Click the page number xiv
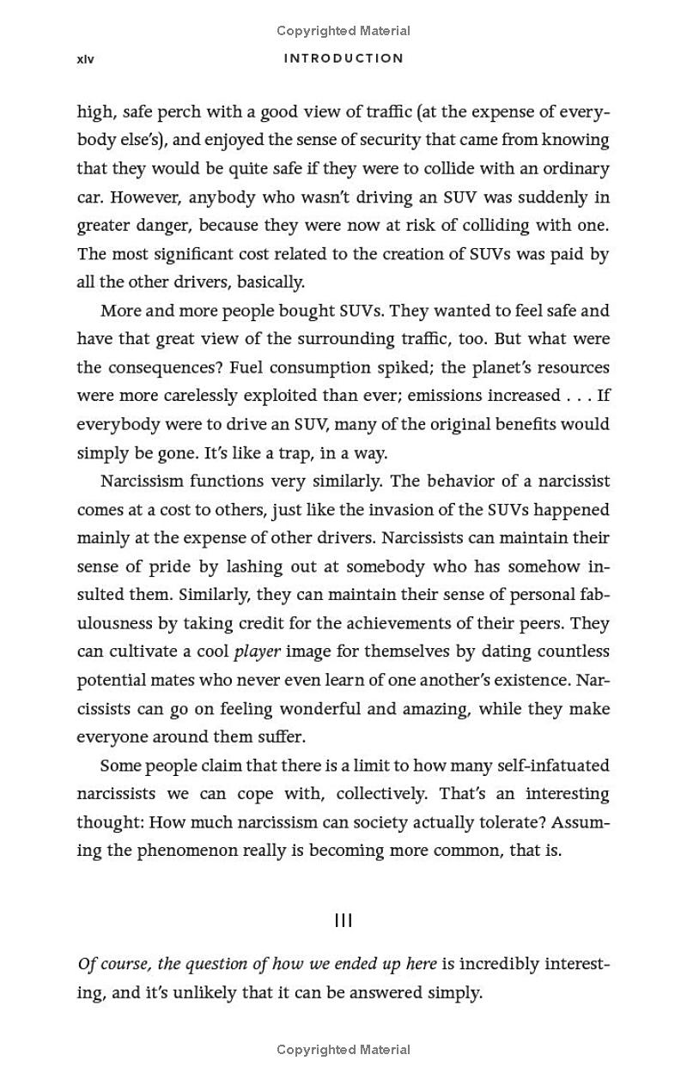click(85, 59)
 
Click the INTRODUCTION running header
click(343, 58)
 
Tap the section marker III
click(343, 920)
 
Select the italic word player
click(257, 652)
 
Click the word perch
click(179, 112)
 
